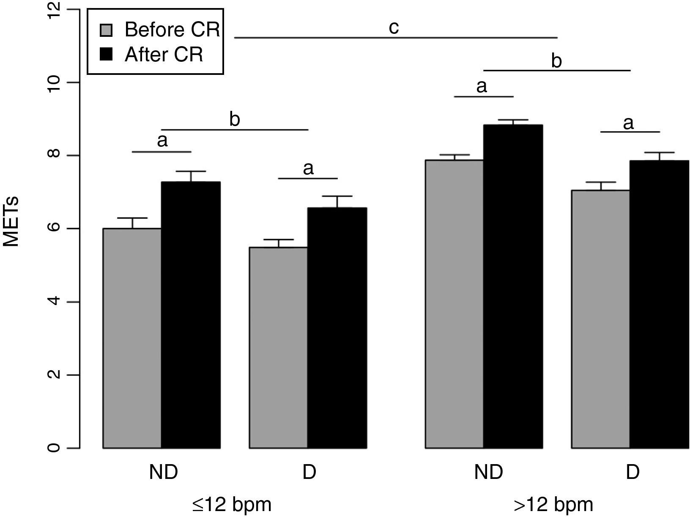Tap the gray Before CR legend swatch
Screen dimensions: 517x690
(x=106, y=30)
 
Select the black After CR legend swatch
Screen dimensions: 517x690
(x=106, y=55)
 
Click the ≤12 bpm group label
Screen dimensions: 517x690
(x=232, y=504)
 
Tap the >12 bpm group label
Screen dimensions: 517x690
(x=553, y=504)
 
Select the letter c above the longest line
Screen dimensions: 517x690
(x=394, y=27)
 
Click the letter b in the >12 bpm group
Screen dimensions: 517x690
(x=556, y=61)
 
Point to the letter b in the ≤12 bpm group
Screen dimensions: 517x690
(x=235, y=120)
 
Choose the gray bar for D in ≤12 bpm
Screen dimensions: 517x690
(x=278, y=347)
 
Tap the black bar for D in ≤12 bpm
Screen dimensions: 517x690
(x=337, y=327)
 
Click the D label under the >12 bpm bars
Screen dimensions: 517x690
(x=632, y=472)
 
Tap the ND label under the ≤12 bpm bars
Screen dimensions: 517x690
(x=163, y=472)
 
